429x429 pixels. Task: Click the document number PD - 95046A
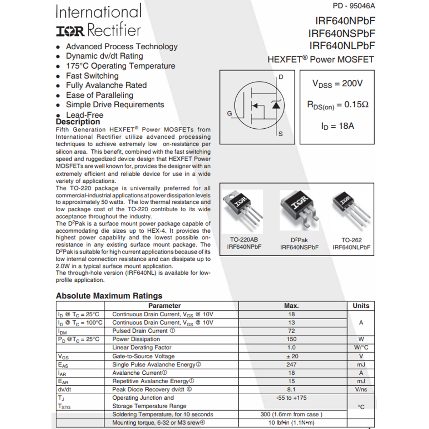point(354,6)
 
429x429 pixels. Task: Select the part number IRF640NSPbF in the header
point(341,34)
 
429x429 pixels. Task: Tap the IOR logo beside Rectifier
point(70,31)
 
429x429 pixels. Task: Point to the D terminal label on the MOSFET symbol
point(281,77)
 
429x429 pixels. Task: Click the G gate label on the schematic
point(230,113)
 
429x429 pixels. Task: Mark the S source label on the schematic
point(281,134)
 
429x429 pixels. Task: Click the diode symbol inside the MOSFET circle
point(276,105)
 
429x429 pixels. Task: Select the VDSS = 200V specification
point(337,84)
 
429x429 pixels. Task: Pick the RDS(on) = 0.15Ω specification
point(337,105)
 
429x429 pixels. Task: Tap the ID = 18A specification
point(337,126)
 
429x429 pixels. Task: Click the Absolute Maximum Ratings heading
point(109,296)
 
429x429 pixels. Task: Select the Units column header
point(361,306)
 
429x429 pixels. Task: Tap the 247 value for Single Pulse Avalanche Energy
point(291,365)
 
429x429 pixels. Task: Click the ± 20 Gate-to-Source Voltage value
point(291,356)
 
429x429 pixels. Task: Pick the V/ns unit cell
point(361,390)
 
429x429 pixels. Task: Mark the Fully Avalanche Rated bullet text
point(106,85)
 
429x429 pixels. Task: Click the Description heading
point(78,122)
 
